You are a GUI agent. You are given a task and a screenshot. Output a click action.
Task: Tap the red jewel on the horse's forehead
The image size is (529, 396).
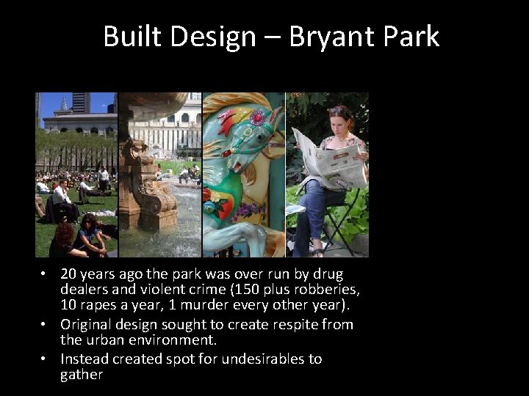click(257, 117)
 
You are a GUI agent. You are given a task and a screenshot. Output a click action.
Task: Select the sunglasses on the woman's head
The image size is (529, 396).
click(340, 111)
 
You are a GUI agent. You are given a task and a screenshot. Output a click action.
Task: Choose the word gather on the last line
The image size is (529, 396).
click(82, 375)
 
